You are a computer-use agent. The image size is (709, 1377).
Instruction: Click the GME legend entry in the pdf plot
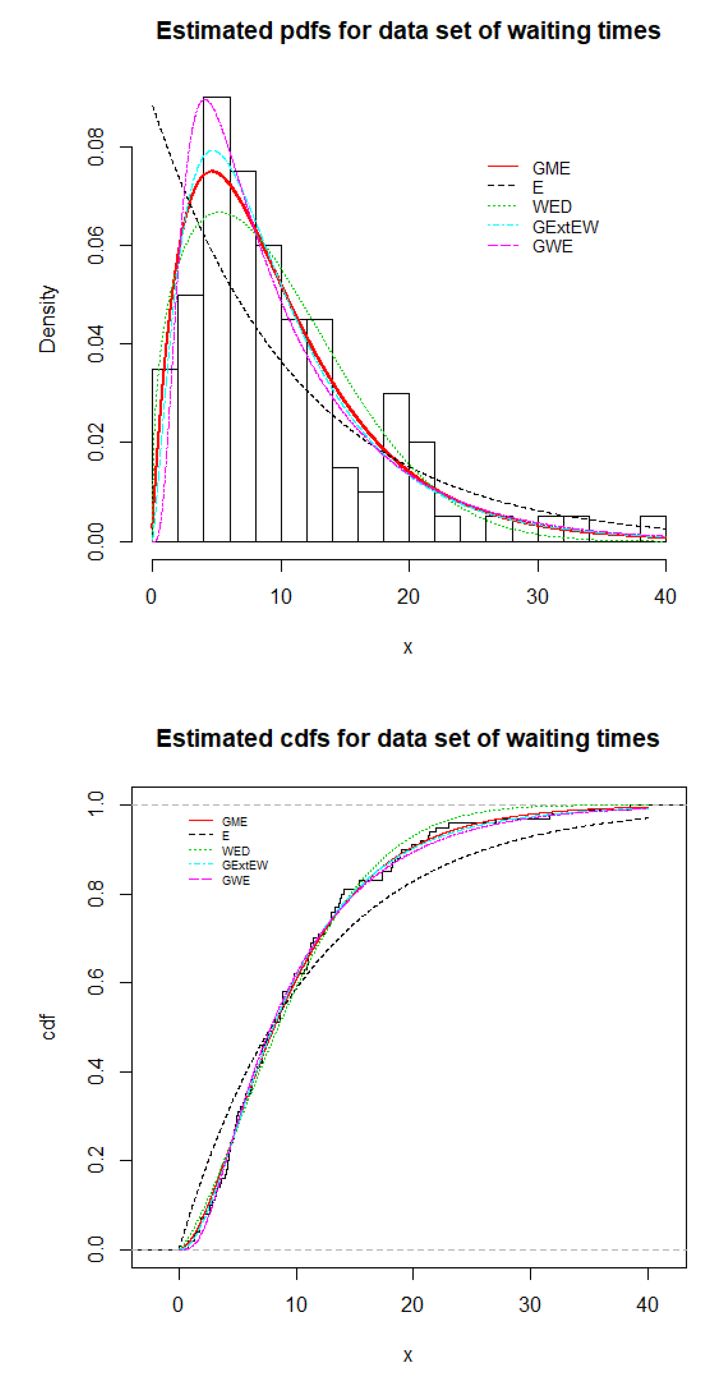click(550, 168)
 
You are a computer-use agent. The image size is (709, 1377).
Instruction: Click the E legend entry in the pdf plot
click(537, 188)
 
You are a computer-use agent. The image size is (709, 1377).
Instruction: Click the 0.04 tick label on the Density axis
click(96, 344)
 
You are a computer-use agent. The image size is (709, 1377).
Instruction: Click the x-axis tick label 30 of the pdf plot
click(537, 597)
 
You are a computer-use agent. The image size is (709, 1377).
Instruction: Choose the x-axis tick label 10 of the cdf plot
click(296, 1305)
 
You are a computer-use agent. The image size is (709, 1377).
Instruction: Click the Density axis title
click(48, 319)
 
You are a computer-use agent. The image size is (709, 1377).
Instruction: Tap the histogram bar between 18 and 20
click(396, 468)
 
